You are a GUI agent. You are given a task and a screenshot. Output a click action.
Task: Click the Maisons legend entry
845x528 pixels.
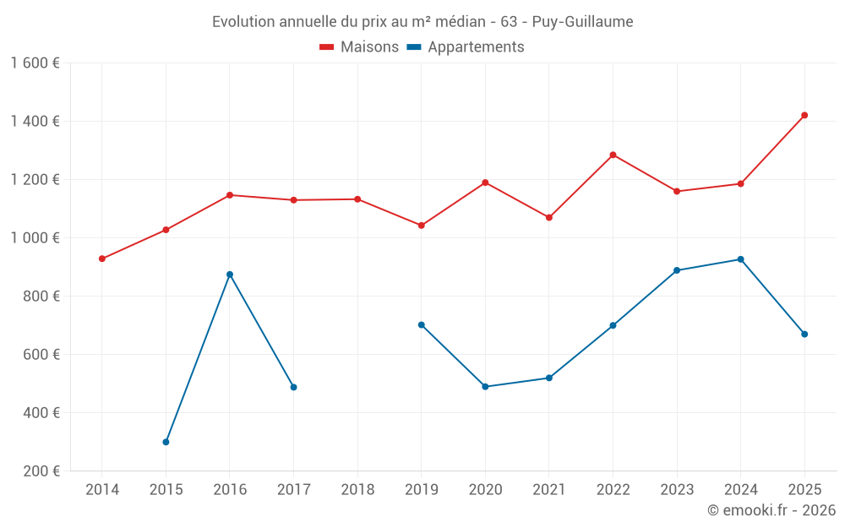[x=359, y=47]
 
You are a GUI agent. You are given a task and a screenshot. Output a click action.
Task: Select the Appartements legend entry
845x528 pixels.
[x=466, y=47]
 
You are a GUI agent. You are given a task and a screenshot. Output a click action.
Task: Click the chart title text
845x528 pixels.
[x=422, y=22]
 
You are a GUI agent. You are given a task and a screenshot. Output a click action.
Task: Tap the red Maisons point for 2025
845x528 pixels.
[x=804, y=115]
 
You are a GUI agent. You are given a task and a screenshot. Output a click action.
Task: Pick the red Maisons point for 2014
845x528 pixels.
[x=102, y=259]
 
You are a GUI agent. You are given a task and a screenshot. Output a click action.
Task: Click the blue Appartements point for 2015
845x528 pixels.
[x=166, y=442]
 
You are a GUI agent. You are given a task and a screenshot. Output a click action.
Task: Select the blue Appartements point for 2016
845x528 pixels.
[x=230, y=275]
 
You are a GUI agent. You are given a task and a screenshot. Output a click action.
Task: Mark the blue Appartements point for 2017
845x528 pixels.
[x=293, y=387]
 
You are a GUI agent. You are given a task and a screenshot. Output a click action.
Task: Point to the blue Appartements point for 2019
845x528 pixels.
[x=422, y=324]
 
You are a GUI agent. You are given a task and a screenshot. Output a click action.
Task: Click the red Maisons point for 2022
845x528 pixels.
[x=613, y=155]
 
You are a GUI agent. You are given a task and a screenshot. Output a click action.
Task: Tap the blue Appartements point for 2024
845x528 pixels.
[x=740, y=259]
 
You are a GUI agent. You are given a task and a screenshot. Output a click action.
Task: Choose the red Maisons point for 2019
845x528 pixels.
[x=422, y=226]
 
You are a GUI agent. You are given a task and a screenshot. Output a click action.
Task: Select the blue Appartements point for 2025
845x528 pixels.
[x=804, y=334]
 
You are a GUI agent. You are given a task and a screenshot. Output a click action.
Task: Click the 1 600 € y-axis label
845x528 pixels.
[x=35, y=63]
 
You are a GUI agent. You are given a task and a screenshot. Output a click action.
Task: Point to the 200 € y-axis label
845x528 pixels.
[x=41, y=471]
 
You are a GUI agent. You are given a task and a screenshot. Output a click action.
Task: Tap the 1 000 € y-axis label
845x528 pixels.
[x=35, y=238]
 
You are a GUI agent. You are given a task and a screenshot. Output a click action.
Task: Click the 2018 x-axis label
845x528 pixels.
[x=357, y=490]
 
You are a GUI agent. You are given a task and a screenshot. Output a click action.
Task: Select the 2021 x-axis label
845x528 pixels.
[x=549, y=490]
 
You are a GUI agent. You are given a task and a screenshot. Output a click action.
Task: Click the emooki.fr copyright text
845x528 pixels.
[x=771, y=510]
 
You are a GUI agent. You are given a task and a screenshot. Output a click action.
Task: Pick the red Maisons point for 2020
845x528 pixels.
[x=485, y=182]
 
